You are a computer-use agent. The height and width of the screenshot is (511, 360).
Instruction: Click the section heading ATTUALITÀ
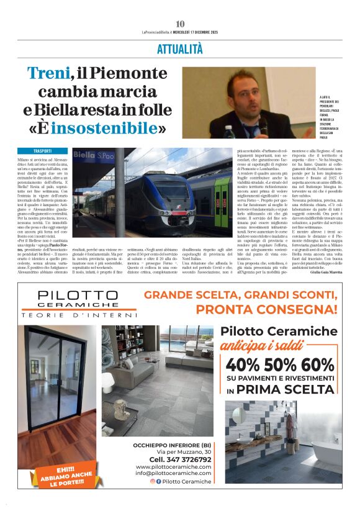(180, 48)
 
